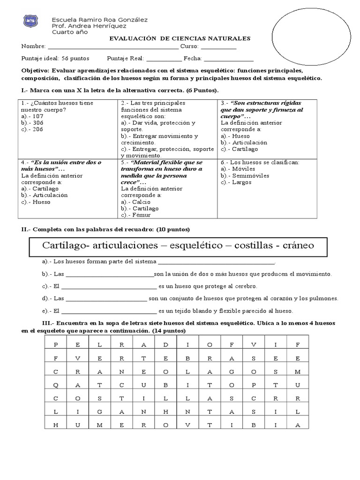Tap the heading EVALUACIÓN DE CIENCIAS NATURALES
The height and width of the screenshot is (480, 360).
pyautogui.click(x=180, y=38)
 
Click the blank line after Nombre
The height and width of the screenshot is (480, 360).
pyautogui.click(x=113, y=47)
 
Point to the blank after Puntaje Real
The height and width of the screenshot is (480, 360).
pyautogui.click(x=164, y=59)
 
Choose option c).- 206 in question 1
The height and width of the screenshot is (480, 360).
pyautogui.click(x=32, y=129)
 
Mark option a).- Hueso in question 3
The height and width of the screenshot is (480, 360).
pyautogui.click(x=235, y=136)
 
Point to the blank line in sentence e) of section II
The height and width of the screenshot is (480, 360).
pyautogui.click(x=109, y=311)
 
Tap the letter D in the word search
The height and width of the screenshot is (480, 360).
pyautogui.click(x=165, y=345)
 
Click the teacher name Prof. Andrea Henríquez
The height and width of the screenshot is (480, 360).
pyautogui.click(x=86, y=26)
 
